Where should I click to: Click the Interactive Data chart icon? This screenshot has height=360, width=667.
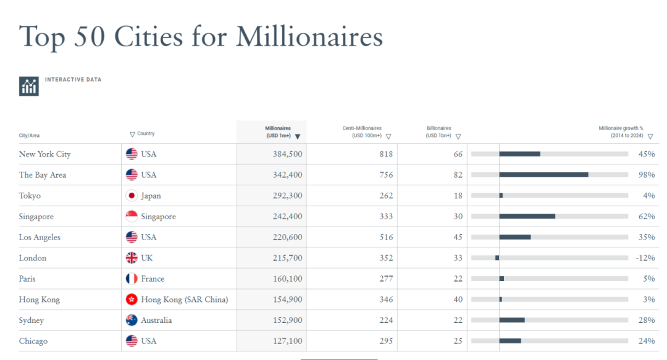tap(29, 86)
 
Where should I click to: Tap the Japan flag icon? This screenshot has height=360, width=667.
tap(131, 196)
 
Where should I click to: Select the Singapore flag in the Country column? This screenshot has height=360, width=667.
tap(131, 217)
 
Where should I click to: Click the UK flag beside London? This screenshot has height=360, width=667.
tap(131, 258)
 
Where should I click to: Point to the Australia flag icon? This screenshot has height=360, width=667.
tap(131, 320)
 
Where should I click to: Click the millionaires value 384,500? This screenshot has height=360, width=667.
tap(287, 154)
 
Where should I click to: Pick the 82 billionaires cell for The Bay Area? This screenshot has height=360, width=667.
tap(458, 175)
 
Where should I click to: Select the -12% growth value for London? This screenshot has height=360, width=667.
tap(645, 258)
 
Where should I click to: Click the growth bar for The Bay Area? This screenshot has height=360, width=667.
tap(543, 175)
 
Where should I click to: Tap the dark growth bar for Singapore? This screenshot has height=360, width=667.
tap(527, 216)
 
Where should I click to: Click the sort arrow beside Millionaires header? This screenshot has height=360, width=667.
tap(298, 136)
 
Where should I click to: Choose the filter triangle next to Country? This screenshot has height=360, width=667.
tap(132, 134)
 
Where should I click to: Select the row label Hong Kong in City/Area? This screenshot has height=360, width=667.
tap(40, 300)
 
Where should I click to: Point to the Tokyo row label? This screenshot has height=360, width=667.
tap(30, 196)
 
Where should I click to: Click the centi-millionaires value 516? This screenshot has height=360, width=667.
tap(386, 238)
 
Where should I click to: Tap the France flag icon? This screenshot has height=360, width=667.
tap(131, 279)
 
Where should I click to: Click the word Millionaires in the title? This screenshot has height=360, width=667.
tap(309, 37)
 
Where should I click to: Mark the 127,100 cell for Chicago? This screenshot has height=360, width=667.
tap(287, 341)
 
